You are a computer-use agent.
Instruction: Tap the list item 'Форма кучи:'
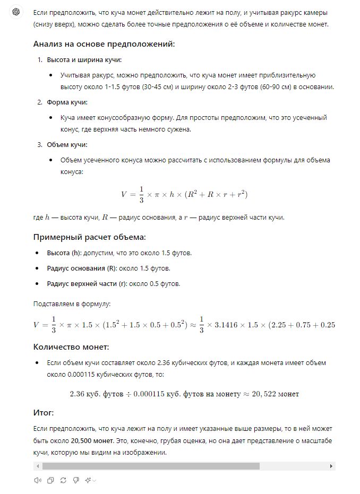pos(67,102)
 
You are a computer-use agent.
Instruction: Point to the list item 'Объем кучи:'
pos(67,145)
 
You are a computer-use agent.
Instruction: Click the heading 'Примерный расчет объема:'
pos(89,237)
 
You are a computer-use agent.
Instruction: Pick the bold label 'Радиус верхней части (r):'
pos(88,284)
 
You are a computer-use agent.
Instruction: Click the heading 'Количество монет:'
pos(71,347)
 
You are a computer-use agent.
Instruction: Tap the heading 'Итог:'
pos(44,412)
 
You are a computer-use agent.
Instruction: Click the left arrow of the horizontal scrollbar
pos(37,466)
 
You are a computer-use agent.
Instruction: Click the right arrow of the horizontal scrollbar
pos(331,466)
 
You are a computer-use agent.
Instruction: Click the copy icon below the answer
pos(50,480)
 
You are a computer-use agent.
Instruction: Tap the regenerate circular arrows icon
pos(63,480)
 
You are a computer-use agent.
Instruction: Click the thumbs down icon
pos(76,480)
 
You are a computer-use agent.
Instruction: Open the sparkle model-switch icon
pos(88,480)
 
